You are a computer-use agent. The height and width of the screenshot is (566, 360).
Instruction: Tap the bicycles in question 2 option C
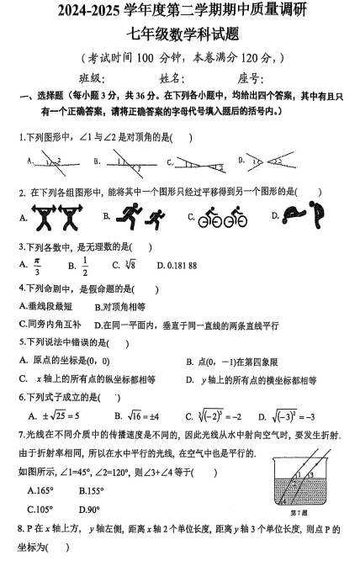point(223,218)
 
